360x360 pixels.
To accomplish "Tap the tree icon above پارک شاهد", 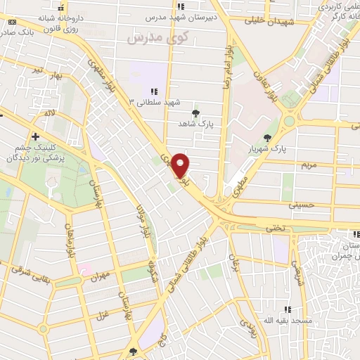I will click(195, 112).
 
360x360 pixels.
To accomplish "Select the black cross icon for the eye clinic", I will click(34, 136).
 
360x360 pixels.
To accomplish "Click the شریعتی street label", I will click(297, 269).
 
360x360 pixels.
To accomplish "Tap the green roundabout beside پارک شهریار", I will click(289, 121).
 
